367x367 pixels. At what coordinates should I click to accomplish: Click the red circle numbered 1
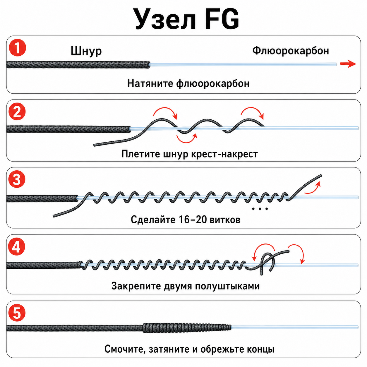pyautogui.click(x=17, y=48)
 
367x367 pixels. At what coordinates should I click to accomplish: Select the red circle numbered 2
pyautogui.click(x=17, y=112)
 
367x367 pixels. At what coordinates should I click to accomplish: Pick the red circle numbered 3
pyautogui.click(x=17, y=179)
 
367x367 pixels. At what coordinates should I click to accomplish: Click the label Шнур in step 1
pyautogui.click(x=86, y=51)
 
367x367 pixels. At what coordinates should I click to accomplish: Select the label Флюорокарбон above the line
pyautogui.click(x=291, y=51)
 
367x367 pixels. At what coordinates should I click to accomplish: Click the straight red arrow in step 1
pyautogui.click(x=348, y=64)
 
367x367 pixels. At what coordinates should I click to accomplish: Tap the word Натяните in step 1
pyautogui.click(x=150, y=84)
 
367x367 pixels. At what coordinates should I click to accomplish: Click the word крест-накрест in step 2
pyautogui.click(x=224, y=154)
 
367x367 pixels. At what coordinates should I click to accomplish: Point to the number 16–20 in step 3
pyautogui.click(x=193, y=219)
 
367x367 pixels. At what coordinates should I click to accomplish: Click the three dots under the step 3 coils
pyautogui.click(x=260, y=209)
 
